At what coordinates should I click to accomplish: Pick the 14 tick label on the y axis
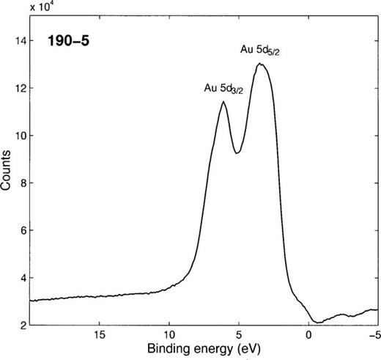click(19, 42)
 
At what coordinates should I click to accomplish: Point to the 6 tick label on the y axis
click(22, 230)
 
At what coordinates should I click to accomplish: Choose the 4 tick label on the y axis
click(22, 277)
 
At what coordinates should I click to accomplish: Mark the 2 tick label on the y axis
click(22, 325)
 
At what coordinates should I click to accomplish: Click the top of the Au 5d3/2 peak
click(223, 102)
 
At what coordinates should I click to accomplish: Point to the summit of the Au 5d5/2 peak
click(259, 64)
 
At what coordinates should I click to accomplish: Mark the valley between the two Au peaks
click(237, 153)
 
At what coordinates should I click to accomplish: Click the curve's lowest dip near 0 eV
click(316, 322)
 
